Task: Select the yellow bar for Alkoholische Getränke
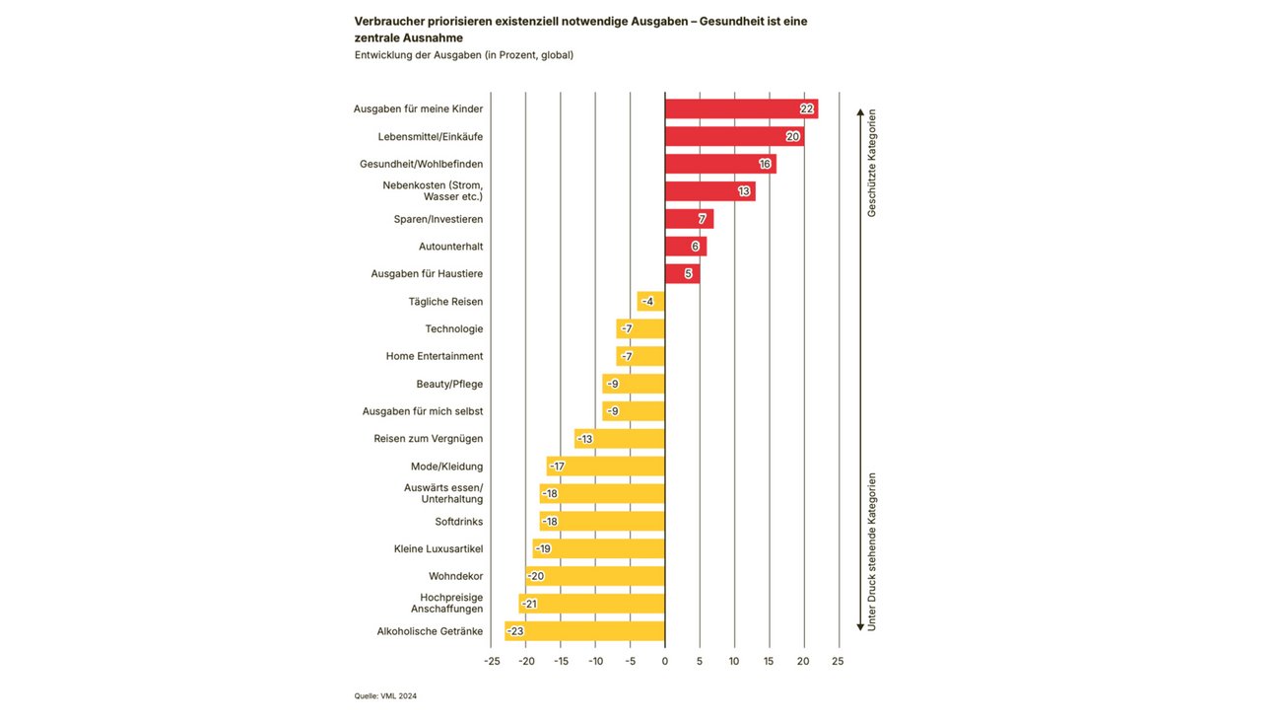584,631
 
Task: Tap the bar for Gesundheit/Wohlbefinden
720,164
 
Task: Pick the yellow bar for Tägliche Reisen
651,301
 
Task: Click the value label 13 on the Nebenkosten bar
744,191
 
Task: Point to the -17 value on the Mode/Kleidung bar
557,467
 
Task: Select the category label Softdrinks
458,522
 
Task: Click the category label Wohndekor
455,576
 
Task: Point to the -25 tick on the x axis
492,661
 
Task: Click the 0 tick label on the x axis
665,661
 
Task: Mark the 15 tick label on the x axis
769,661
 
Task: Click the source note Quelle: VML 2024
385,696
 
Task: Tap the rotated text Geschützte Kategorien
872,163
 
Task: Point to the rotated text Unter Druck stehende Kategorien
872,551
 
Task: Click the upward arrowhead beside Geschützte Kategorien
860,112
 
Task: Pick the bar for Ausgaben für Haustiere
682,273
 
